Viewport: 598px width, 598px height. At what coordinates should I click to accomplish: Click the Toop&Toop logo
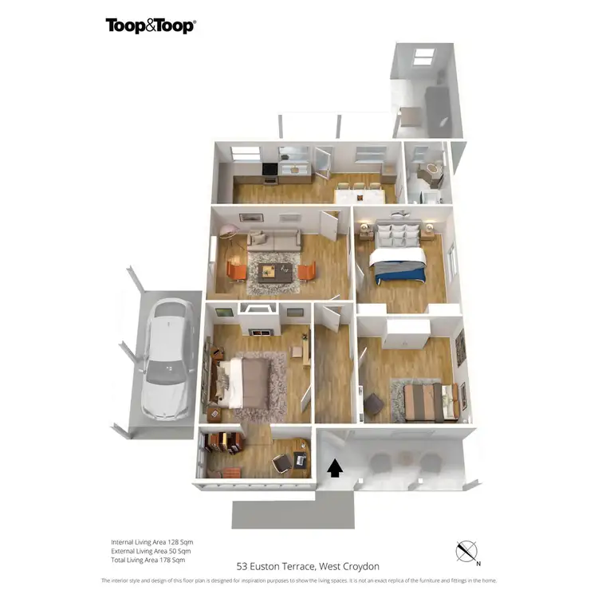[151, 26]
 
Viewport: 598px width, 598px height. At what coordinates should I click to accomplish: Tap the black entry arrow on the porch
[335, 468]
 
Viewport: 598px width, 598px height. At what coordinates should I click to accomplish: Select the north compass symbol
[466, 551]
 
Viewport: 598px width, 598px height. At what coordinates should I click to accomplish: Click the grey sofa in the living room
[273, 238]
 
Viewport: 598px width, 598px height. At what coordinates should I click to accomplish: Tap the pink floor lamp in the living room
[230, 233]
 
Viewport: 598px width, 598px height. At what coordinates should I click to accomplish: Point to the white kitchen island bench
[359, 195]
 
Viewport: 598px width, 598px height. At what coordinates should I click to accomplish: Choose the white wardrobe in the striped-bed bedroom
[406, 333]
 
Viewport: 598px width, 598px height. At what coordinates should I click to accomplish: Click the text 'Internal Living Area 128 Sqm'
[151, 542]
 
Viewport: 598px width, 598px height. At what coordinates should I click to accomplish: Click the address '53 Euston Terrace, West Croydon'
[308, 566]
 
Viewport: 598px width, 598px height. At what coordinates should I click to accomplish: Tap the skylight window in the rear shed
[424, 56]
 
